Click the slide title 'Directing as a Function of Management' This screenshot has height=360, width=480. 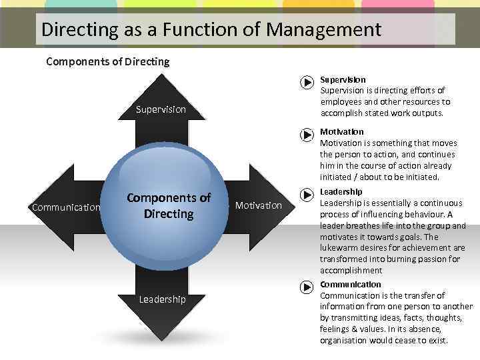pos(211,30)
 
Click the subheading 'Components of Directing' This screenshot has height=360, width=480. pos(107,62)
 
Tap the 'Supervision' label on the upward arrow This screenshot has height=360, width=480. pos(161,109)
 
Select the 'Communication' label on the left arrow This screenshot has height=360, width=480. pos(66,207)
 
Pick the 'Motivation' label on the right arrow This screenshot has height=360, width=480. pos(258,205)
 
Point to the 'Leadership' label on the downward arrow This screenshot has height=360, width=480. pos(162,299)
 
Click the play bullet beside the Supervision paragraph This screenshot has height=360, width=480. pos(306,83)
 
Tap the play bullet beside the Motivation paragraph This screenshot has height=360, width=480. pos(306,135)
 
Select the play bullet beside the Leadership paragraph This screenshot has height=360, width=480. pos(306,195)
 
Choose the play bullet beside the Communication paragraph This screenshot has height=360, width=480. pos(306,287)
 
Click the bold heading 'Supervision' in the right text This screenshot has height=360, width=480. pos(343,79)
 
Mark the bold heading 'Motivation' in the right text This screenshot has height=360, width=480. pos(342,131)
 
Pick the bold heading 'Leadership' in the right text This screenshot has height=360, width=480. pos(341,192)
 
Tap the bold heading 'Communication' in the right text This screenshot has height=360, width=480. pos(351,284)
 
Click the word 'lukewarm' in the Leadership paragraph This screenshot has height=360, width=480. pos(340,248)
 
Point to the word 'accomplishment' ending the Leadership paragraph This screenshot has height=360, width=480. pos(351,271)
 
